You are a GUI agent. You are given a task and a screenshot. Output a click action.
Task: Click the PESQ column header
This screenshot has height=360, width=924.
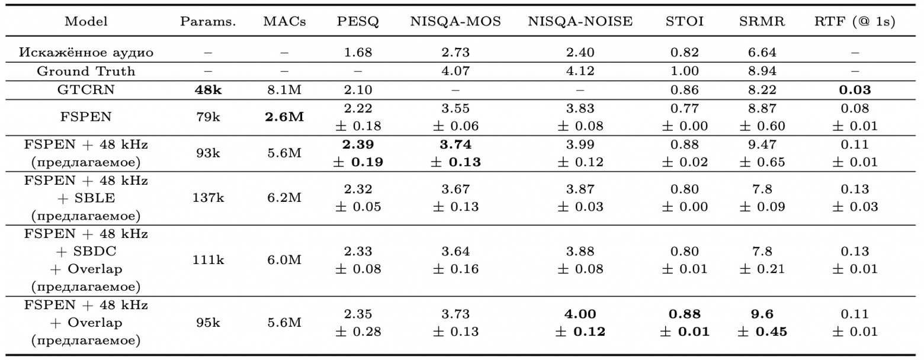click(x=358, y=21)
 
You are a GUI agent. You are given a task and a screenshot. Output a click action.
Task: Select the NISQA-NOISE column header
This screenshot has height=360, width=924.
click(x=580, y=21)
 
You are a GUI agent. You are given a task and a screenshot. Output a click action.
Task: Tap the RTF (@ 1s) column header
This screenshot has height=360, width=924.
click(x=855, y=21)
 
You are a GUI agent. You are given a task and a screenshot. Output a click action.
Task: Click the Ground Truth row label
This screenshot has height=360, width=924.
click(x=86, y=71)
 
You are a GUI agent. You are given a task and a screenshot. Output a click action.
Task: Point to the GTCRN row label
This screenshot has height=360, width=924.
click(x=86, y=90)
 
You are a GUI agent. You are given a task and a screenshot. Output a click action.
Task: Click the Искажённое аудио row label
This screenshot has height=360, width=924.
click(x=86, y=52)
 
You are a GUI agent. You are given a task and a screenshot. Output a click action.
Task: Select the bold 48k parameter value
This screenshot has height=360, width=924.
click(x=208, y=90)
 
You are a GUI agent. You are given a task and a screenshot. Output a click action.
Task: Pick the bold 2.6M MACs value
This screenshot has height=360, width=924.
click(x=284, y=117)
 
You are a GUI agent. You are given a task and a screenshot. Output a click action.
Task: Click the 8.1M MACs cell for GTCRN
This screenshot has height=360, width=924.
click(x=284, y=90)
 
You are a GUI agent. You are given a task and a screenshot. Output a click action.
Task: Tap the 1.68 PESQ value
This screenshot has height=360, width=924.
click(x=358, y=52)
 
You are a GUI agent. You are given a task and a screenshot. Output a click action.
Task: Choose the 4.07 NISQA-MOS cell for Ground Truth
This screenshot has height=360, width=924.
click(x=455, y=71)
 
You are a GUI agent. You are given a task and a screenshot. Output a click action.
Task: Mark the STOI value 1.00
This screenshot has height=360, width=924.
click(x=684, y=71)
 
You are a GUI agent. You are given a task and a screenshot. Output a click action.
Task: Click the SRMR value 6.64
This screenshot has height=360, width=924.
click(x=762, y=52)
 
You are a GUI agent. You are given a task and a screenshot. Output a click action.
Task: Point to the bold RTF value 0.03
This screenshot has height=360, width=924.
click(x=855, y=90)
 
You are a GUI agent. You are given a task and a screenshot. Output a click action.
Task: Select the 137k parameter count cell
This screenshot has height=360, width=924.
click(x=208, y=198)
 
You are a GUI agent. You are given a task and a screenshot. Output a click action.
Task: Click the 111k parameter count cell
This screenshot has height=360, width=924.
click(x=208, y=260)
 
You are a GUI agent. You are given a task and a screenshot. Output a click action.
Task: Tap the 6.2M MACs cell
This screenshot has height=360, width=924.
click(x=284, y=198)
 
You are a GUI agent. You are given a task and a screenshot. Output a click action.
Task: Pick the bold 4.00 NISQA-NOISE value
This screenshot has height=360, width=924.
click(x=580, y=314)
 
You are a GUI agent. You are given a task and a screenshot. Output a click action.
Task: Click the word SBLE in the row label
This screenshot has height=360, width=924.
click(x=95, y=198)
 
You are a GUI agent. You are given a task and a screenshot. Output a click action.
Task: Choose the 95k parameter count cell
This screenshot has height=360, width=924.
click(x=208, y=323)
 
